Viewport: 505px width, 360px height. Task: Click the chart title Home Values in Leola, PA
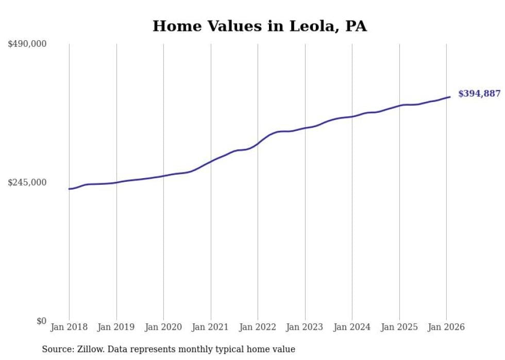click(x=259, y=26)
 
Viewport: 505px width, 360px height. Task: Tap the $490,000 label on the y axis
click(x=27, y=44)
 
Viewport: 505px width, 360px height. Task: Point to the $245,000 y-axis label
click(x=27, y=182)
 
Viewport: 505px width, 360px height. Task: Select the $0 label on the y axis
click(x=41, y=321)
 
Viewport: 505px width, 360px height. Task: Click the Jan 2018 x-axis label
click(x=69, y=328)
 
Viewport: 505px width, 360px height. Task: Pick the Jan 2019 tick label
click(x=116, y=328)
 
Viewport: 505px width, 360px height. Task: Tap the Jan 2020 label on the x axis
click(x=163, y=328)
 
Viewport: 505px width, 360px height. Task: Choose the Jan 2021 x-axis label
click(x=210, y=328)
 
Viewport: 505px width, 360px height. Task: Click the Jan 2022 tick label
click(x=258, y=328)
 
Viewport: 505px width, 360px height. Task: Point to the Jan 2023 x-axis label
click(x=305, y=328)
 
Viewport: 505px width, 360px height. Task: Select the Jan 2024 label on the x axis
click(x=352, y=328)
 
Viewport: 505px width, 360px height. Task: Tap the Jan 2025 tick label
click(x=399, y=328)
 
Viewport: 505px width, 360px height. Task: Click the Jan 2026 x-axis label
click(x=446, y=328)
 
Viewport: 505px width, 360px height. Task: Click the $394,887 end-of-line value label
click(x=479, y=94)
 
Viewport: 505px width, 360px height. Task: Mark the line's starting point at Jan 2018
click(x=69, y=189)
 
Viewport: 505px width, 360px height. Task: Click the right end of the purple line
click(x=450, y=97)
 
